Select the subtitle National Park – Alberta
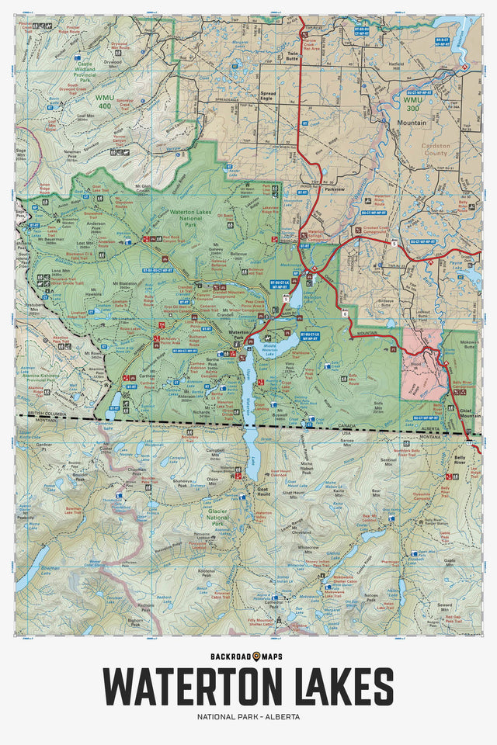click(x=248, y=716)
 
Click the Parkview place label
click(x=333, y=189)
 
